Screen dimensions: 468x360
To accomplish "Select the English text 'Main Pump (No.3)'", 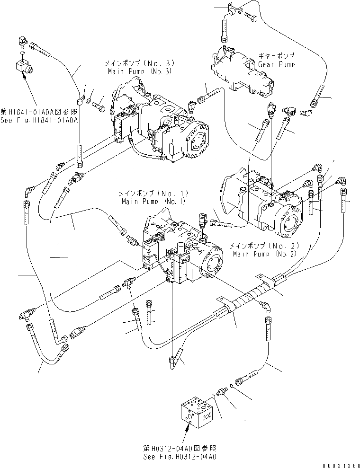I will [139, 71].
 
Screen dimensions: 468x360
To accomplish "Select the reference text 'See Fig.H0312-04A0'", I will [180, 457].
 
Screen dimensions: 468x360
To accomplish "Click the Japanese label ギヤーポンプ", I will [276, 55].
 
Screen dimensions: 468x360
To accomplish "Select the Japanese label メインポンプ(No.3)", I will [139, 63].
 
